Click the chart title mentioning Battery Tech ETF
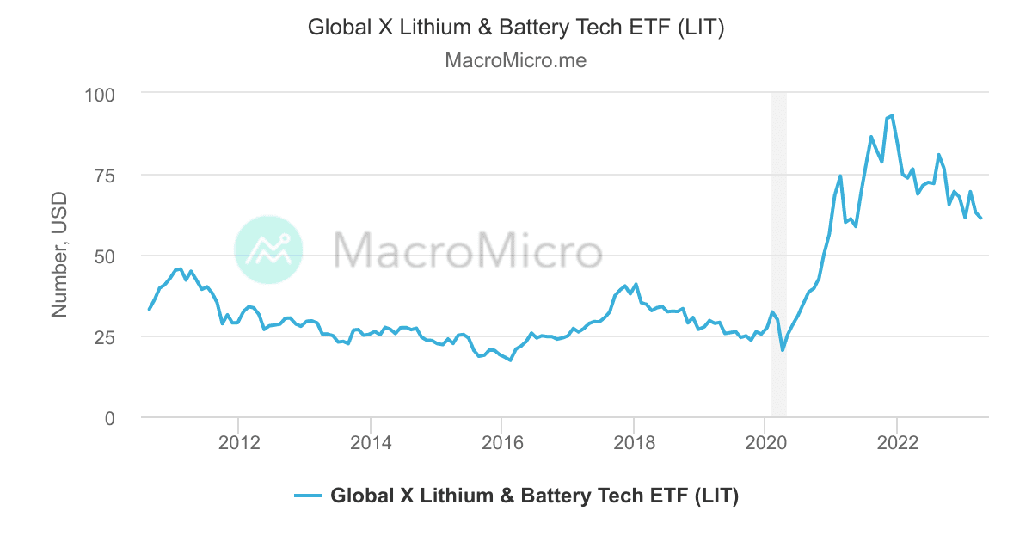tap(516, 28)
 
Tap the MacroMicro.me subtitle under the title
tap(516, 61)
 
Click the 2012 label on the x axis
tap(238, 443)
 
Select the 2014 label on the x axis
tap(370, 443)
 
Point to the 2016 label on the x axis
tap(502, 443)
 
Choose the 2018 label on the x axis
tap(634, 443)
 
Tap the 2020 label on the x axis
tap(765, 443)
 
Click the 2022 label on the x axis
tap(897, 443)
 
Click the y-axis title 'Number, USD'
tap(59, 255)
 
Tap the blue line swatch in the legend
tap(307, 496)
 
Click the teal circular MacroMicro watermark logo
tap(268, 250)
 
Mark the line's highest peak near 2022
tap(892, 115)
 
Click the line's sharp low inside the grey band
tap(783, 350)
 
